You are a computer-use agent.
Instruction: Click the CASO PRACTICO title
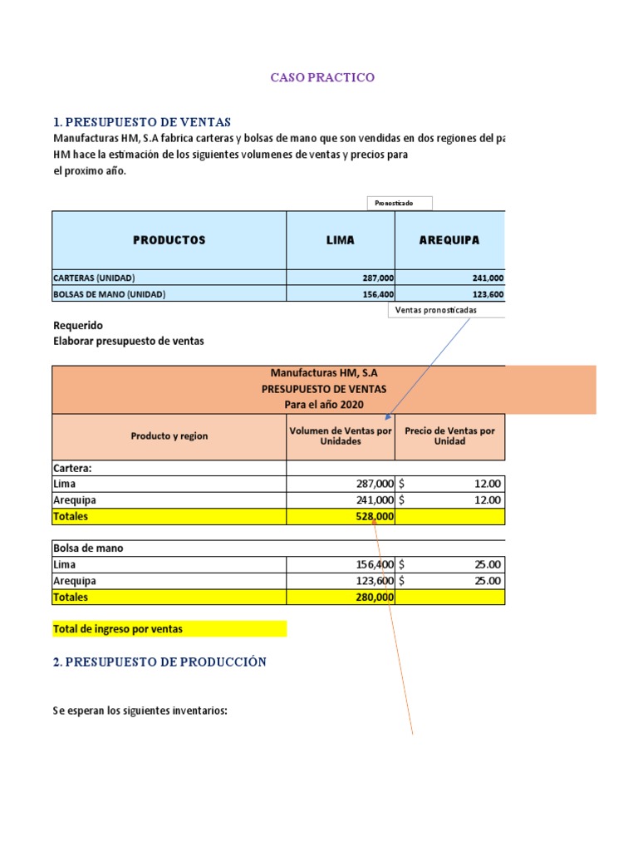click(x=322, y=77)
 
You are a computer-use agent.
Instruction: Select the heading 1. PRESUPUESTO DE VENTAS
click(x=142, y=122)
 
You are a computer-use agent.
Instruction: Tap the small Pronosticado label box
click(x=399, y=204)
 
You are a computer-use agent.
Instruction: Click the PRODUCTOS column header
click(x=169, y=240)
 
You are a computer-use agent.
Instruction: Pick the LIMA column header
click(x=340, y=240)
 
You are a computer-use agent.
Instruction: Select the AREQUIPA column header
click(x=449, y=240)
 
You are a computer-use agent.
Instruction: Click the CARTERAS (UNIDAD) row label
click(x=94, y=278)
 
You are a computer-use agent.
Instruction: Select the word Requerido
click(x=78, y=325)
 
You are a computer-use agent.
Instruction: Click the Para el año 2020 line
click(x=324, y=404)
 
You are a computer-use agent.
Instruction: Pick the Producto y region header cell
click(x=169, y=436)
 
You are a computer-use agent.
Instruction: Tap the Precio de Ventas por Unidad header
click(x=449, y=436)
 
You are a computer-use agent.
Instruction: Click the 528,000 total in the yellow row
click(x=373, y=516)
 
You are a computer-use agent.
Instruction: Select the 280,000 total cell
click(x=374, y=597)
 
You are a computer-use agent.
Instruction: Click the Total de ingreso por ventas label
click(x=118, y=629)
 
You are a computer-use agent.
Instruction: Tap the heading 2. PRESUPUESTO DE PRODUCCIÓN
click(x=159, y=662)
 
